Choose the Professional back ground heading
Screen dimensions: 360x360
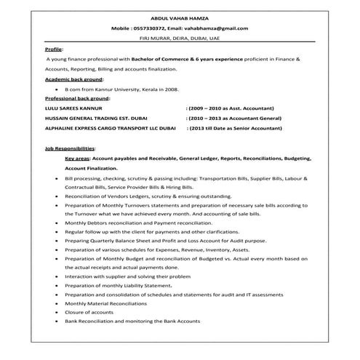(x=76, y=97)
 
